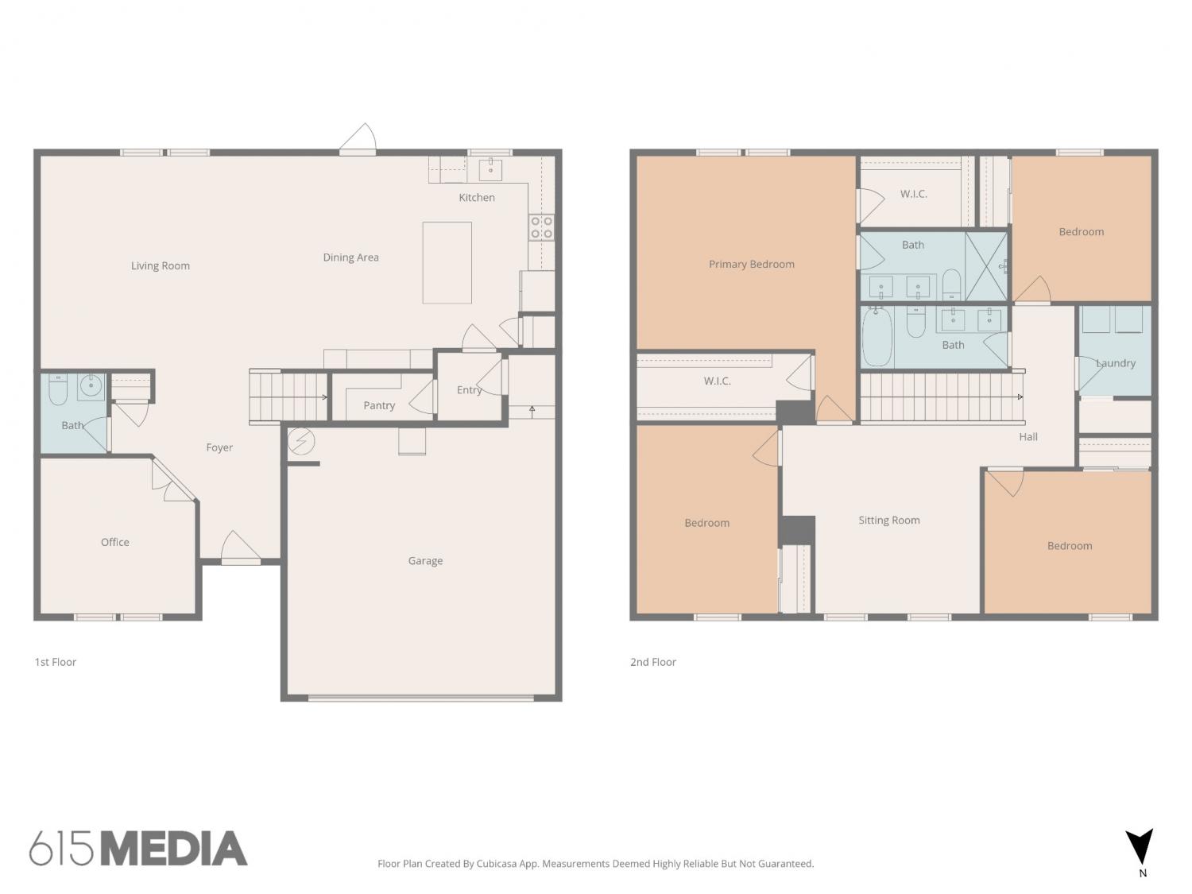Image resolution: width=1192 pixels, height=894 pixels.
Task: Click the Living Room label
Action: click(x=161, y=265)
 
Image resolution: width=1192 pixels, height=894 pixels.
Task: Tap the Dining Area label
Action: click(x=350, y=257)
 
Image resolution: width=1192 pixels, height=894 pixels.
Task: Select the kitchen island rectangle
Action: click(x=447, y=263)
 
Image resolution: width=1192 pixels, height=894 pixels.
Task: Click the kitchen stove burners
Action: click(x=541, y=227)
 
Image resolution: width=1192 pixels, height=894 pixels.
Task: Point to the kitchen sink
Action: click(x=490, y=169)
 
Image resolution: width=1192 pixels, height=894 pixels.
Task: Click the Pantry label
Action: click(x=379, y=405)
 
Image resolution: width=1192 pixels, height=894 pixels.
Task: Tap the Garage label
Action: click(x=425, y=561)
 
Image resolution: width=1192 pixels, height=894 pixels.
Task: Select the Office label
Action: click(x=115, y=542)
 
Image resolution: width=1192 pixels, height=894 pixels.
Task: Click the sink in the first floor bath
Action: click(x=91, y=386)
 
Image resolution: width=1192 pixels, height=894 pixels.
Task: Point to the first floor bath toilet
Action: click(x=57, y=389)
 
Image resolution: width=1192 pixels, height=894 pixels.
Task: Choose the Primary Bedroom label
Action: click(x=752, y=265)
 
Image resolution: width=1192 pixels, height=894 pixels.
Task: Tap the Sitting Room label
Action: click(x=889, y=520)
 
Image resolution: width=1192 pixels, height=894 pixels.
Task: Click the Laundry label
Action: click(x=1116, y=363)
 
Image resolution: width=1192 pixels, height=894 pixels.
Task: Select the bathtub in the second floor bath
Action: click(x=877, y=336)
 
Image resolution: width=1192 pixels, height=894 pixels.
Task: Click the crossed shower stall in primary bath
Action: click(x=986, y=266)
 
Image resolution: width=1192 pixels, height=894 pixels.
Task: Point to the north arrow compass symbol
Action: click(x=1140, y=847)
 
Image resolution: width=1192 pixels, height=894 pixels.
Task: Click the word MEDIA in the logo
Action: click(x=175, y=849)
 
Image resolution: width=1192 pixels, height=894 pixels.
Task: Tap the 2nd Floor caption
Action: click(x=652, y=662)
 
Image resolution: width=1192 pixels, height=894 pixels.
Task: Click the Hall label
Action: click(x=1028, y=437)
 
